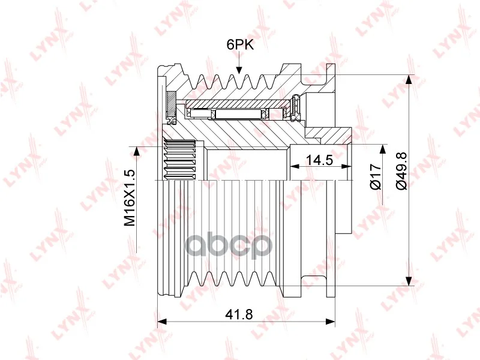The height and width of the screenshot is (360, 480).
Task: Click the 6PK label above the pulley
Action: pos(241,44)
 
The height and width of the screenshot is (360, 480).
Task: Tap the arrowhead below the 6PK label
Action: pos(239,70)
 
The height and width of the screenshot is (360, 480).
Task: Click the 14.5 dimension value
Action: pos(319,160)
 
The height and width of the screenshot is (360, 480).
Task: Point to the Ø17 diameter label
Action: pos(376,176)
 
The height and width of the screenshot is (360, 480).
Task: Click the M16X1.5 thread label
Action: pos(129,198)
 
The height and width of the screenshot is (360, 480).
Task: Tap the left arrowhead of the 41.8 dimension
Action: pos(161,322)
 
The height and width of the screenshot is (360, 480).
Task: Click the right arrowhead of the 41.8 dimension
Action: pos(331,322)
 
